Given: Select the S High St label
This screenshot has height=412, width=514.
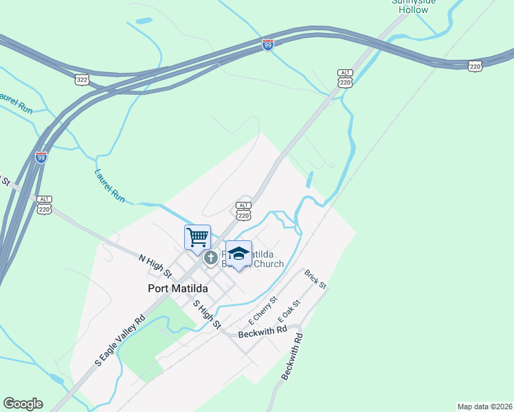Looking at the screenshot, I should pyautogui.click(x=206, y=314).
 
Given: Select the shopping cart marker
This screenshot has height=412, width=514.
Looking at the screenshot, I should pyautogui.click(x=197, y=237).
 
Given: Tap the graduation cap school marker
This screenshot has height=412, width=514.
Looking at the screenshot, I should pyautogui.click(x=238, y=254).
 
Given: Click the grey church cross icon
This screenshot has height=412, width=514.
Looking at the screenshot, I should pyautogui.click(x=210, y=258).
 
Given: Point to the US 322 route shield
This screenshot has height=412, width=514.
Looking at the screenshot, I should pyautogui.click(x=82, y=80).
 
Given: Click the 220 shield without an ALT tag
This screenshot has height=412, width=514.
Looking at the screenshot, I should pyautogui.click(x=475, y=65).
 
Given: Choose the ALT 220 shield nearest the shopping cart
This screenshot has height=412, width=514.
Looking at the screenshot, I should pyautogui.click(x=243, y=211).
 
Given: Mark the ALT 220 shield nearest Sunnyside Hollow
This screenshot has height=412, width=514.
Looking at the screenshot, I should pyautogui.click(x=345, y=78).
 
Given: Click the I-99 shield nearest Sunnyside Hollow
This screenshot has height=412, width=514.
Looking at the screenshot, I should pyautogui.click(x=269, y=45).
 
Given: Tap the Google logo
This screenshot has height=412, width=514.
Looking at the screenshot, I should pyautogui.click(x=23, y=404).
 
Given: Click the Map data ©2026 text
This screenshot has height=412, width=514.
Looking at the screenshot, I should pyautogui.click(x=484, y=407).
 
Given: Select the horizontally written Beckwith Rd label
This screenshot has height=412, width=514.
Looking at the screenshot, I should pyautogui.click(x=262, y=332).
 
